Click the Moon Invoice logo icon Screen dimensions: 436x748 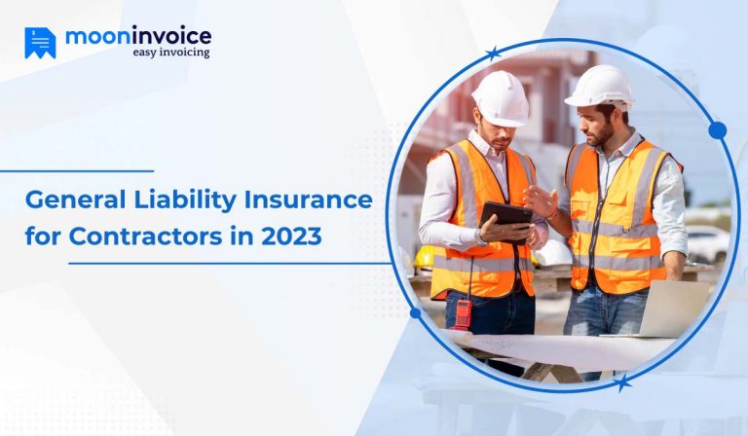[40, 42]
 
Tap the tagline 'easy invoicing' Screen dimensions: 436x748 [170, 53]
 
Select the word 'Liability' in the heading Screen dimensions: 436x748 [183, 201]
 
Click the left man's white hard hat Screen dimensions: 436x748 [500, 97]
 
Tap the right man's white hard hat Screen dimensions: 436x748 [599, 86]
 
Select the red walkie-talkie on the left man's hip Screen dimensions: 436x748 [464, 312]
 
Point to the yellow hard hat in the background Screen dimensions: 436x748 [425, 257]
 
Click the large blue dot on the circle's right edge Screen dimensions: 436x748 [718, 130]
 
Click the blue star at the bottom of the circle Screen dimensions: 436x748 [622, 382]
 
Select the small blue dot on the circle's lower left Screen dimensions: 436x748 [416, 313]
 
